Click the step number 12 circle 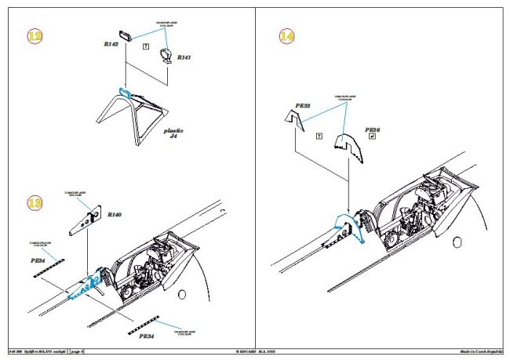point(33,37)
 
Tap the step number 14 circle point(288,37)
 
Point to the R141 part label point(183,58)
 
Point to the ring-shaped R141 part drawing point(166,55)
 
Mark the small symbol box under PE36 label point(372,136)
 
